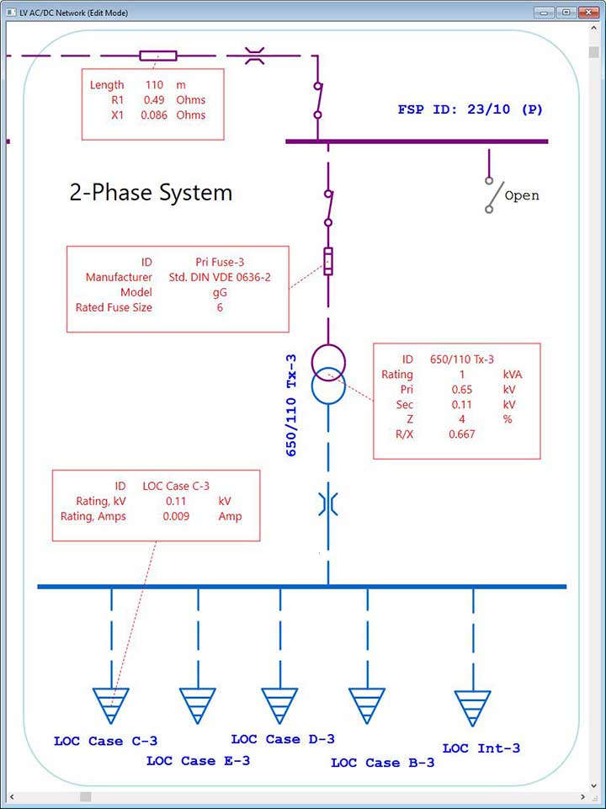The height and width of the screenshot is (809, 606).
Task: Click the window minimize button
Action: tap(545, 13)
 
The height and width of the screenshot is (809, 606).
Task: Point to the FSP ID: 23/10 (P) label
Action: tap(470, 109)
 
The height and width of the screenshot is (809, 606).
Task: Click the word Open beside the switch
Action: tap(522, 195)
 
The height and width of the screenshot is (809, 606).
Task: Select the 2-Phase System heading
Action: tap(151, 193)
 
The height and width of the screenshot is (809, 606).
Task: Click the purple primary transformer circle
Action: tap(328, 361)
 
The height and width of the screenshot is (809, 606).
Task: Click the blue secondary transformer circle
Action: tap(328, 388)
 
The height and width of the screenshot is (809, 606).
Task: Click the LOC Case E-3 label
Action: tap(198, 761)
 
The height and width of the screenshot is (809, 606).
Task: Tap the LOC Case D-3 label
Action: tap(283, 739)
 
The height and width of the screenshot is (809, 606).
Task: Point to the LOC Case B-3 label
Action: tap(383, 763)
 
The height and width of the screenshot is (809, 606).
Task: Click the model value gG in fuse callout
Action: tap(220, 292)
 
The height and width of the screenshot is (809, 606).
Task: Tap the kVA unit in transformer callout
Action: tap(513, 374)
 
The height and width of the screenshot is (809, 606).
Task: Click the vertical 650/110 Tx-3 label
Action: tap(292, 405)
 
